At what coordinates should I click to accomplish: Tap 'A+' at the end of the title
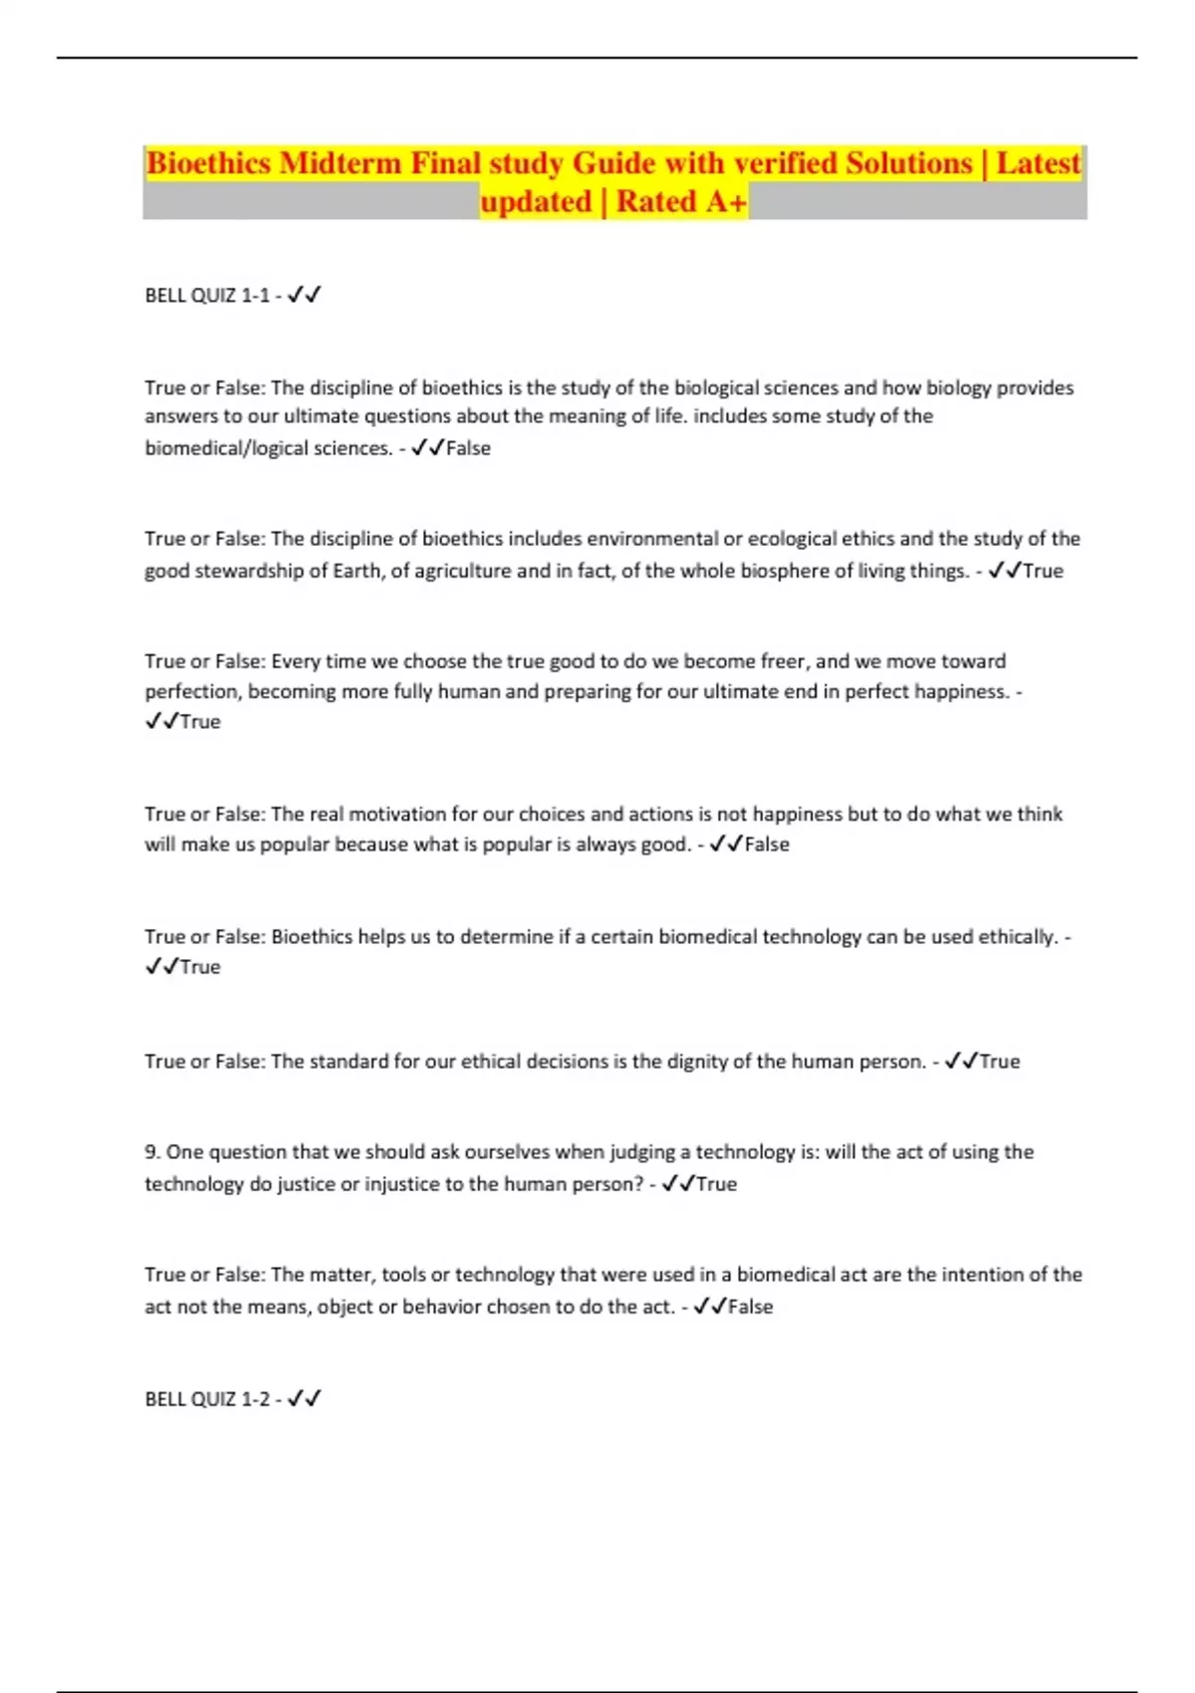pyautogui.click(x=726, y=202)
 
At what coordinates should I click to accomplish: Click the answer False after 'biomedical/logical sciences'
pyautogui.click(x=468, y=448)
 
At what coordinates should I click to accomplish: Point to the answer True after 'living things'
pyautogui.click(x=1043, y=571)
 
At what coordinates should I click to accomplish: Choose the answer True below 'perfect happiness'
pyautogui.click(x=200, y=721)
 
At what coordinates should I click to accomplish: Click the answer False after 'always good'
pyautogui.click(x=767, y=845)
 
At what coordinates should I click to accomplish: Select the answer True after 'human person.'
pyautogui.click(x=1000, y=1062)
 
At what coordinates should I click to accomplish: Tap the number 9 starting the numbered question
pyautogui.click(x=151, y=1152)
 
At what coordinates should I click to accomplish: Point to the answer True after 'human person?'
pyautogui.click(x=716, y=1184)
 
